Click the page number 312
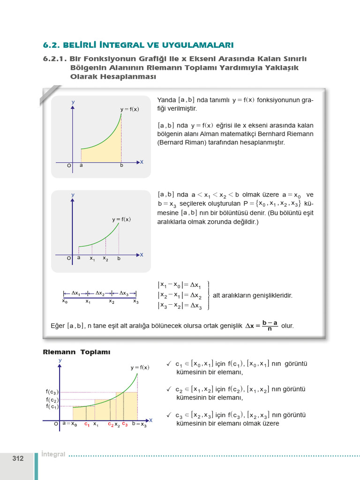(18, 458)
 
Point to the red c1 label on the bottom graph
(87, 425)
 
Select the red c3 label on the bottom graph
(125, 424)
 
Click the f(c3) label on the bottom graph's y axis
(52, 392)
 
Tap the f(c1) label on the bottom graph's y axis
(52, 406)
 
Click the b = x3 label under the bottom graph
(139, 425)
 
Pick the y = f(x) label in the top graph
(129, 109)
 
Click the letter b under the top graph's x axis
(121, 165)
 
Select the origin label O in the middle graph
(68, 258)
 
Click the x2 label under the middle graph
(105, 259)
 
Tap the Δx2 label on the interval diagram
(101, 293)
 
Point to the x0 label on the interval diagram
(65, 302)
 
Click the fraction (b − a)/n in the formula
(270, 325)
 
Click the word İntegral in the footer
(53, 454)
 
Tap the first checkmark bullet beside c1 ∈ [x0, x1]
(169, 364)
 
